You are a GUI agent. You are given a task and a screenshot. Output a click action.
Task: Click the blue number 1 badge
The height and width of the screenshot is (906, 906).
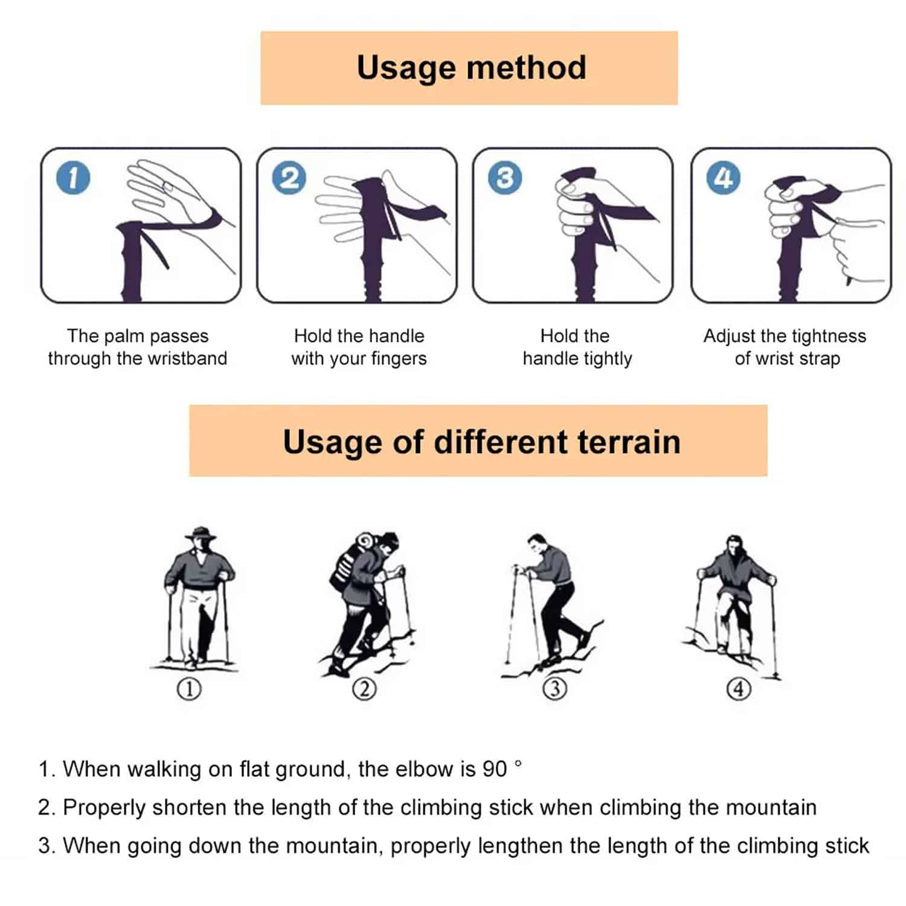coord(72,178)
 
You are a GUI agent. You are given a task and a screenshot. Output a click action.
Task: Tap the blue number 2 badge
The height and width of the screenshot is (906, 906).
coord(289,178)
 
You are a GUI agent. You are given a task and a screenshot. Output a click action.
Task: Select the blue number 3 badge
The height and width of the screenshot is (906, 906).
coord(505,178)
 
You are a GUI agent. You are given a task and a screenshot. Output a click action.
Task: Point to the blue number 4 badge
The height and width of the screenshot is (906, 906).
coord(723,178)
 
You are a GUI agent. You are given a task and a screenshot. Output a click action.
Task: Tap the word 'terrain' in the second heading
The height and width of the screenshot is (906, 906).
coord(629,442)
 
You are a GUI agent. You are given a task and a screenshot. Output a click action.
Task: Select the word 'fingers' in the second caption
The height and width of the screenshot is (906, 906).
coord(399,359)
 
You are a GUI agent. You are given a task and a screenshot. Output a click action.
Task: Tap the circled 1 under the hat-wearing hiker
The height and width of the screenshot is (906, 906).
coord(189,689)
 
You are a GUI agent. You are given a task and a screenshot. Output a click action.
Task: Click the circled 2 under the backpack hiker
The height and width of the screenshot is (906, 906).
coord(364,689)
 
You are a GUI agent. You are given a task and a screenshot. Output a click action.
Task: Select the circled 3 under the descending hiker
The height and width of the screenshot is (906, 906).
coord(555,689)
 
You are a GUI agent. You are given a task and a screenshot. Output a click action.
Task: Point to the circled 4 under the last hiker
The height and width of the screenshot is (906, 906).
coord(739,689)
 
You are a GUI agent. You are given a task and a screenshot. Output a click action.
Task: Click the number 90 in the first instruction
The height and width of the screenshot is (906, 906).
coord(495,769)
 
